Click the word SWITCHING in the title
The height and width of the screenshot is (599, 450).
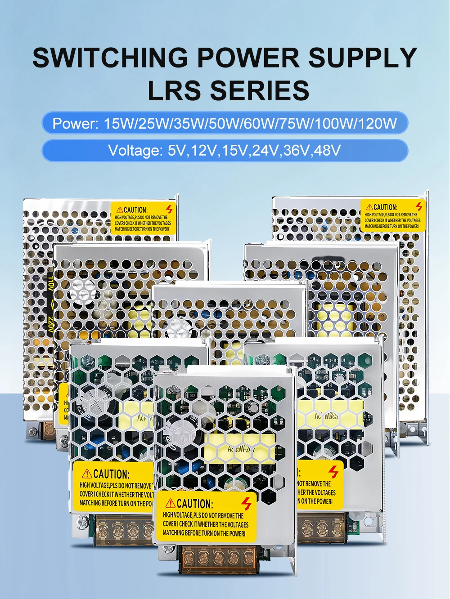click(110, 58)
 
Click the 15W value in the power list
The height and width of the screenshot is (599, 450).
click(119, 123)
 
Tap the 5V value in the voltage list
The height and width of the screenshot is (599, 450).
click(176, 150)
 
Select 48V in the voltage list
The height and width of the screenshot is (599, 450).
click(327, 150)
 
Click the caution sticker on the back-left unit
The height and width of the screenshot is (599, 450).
click(143, 218)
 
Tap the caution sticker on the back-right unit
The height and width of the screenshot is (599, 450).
click(392, 216)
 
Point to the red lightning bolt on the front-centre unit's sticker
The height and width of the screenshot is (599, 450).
click(246, 504)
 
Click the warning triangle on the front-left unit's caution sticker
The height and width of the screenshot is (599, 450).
click(87, 474)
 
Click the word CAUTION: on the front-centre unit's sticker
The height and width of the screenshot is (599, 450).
click(194, 504)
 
